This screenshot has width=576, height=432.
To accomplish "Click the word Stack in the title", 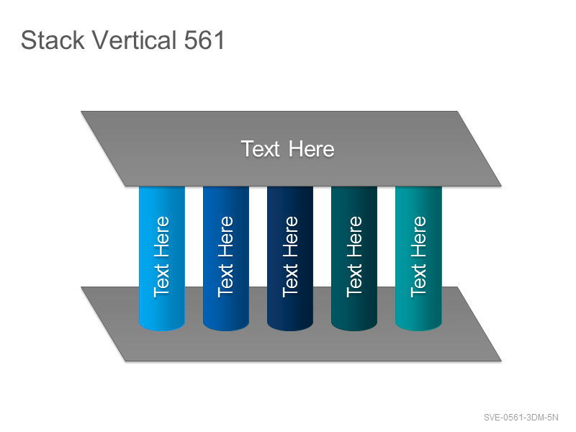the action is [53, 40].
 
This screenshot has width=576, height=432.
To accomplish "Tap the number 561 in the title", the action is [204, 40].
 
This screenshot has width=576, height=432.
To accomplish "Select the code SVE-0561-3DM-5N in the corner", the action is [521, 418].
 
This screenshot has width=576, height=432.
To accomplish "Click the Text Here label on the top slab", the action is [287, 149].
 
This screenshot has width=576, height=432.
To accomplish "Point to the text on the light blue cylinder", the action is [161, 256].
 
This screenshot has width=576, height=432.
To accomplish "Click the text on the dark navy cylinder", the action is [290, 256].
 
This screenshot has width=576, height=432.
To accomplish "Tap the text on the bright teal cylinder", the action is [418, 256].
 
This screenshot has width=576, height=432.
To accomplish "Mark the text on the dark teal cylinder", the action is [354, 256].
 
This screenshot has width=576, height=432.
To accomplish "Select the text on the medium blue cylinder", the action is [226, 256].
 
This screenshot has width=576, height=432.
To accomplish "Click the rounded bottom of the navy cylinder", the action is [290, 326].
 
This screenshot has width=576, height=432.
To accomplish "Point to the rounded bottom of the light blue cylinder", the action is [161, 326].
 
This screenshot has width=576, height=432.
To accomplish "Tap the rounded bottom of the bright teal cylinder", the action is [418, 326].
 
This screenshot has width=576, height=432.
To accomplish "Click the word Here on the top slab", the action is [312, 149].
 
